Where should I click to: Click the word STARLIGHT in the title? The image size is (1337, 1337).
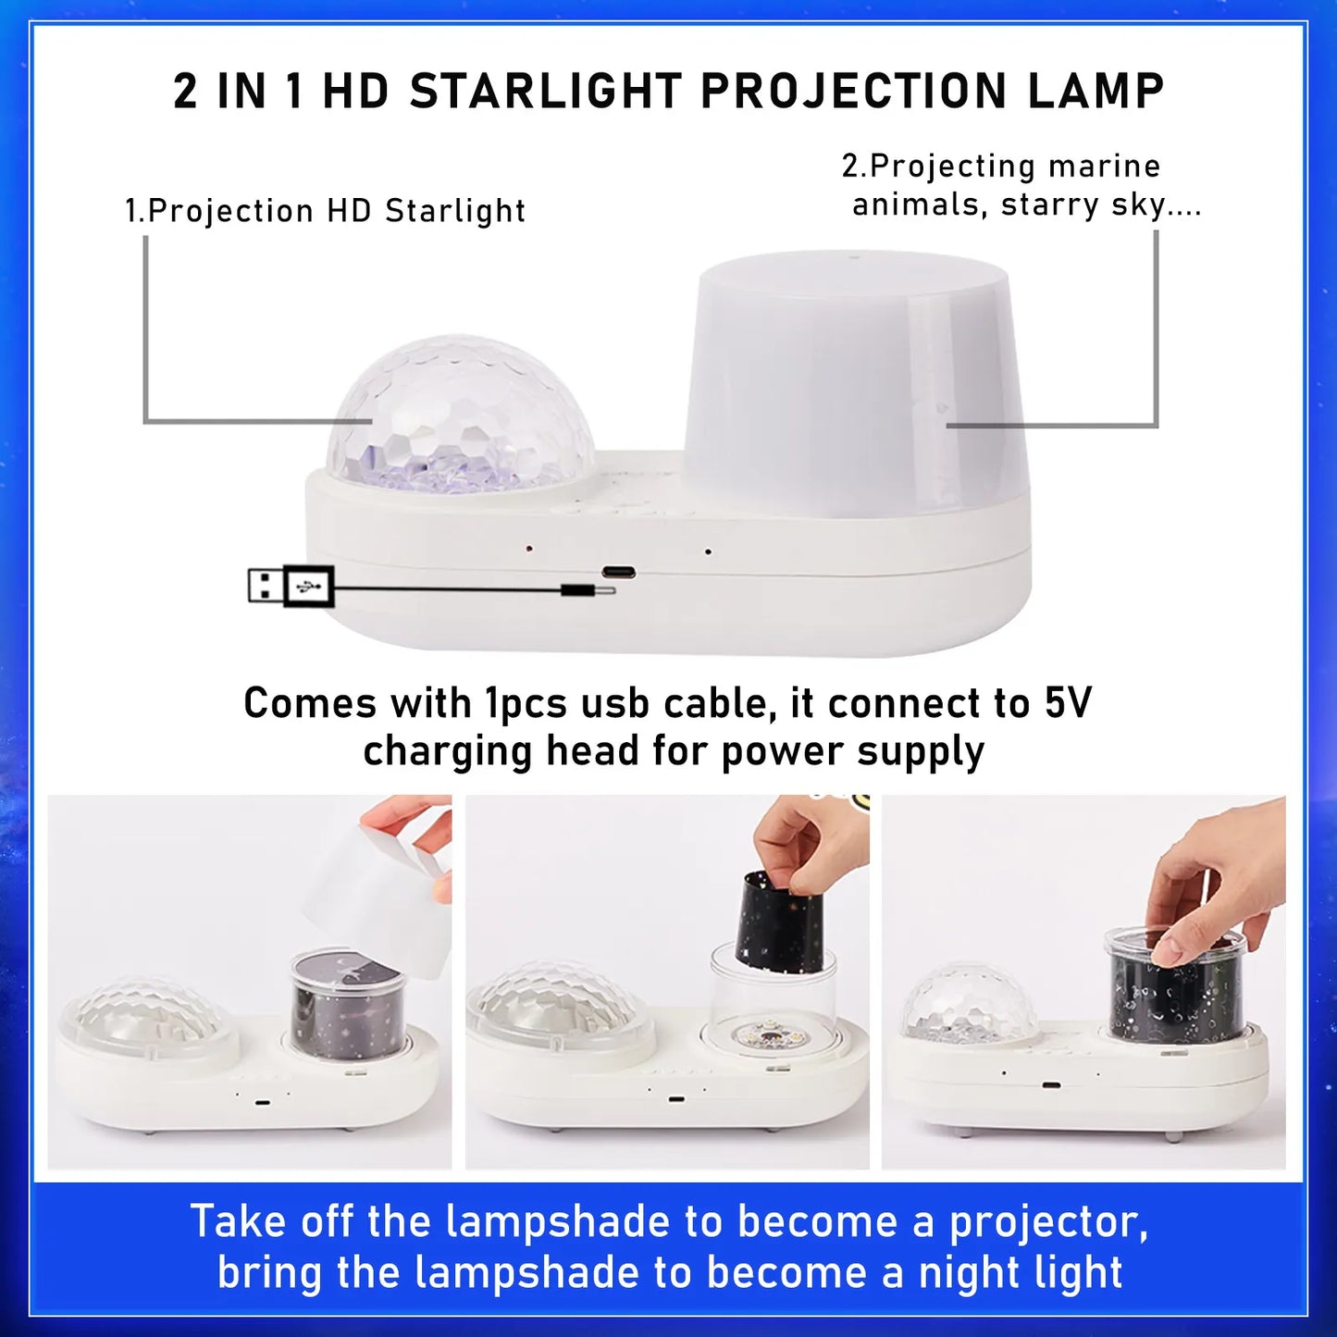click(x=545, y=92)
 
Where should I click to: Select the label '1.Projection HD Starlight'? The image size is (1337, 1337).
click(x=326, y=211)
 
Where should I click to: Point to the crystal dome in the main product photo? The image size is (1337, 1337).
click(x=462, y=416)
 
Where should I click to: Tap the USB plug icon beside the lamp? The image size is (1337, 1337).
click(x=291, y=586)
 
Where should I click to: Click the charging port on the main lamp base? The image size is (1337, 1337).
click(x=618, y=572)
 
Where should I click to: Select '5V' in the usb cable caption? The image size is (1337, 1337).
click(x=1068, y=703)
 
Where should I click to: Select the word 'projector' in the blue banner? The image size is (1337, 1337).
click(x=1047, y=1222)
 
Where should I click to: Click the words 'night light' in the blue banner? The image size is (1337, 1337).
click(x=1021, y=1272)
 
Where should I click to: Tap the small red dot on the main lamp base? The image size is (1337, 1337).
click(x=529, y=549)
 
